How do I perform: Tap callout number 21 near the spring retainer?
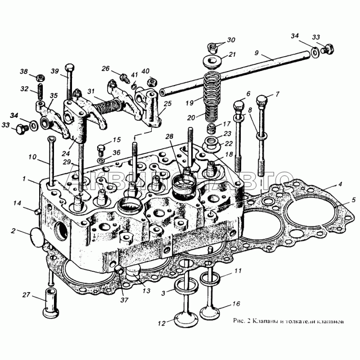pos(232,55)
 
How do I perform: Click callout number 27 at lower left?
pos(26,295)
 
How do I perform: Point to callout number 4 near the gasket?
pos(341,184)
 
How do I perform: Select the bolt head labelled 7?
pos(262,99)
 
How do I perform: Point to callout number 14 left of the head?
pos(17,204)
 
